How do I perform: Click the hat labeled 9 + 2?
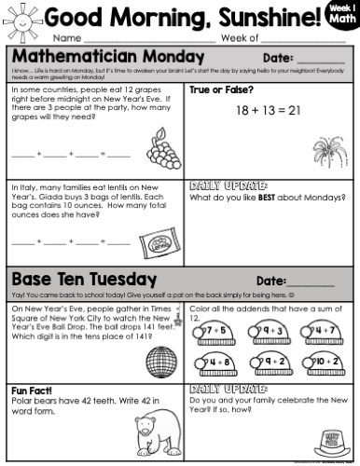click(270, 360)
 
